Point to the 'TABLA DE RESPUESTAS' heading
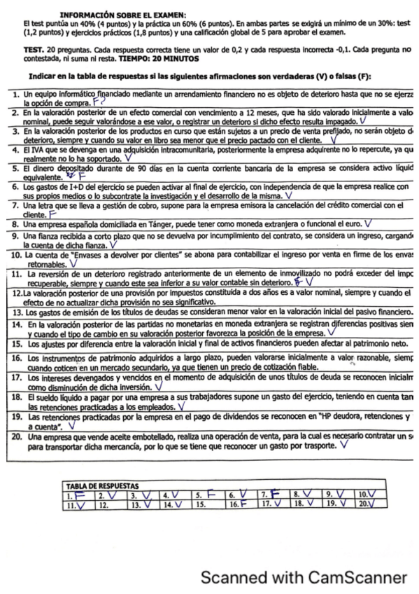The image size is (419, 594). tap(101, 484)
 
